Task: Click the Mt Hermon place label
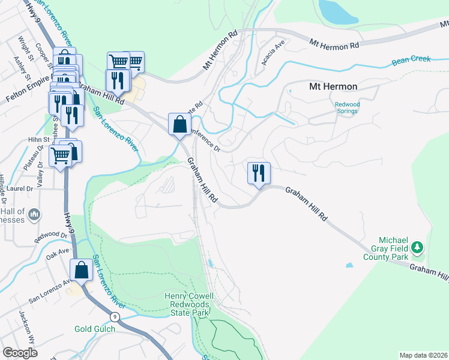[x=333, y=86]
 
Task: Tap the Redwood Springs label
[x=347, y=108]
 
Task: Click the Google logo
[x=20, y=353]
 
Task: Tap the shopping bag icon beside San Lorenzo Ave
[x=82, y=270]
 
